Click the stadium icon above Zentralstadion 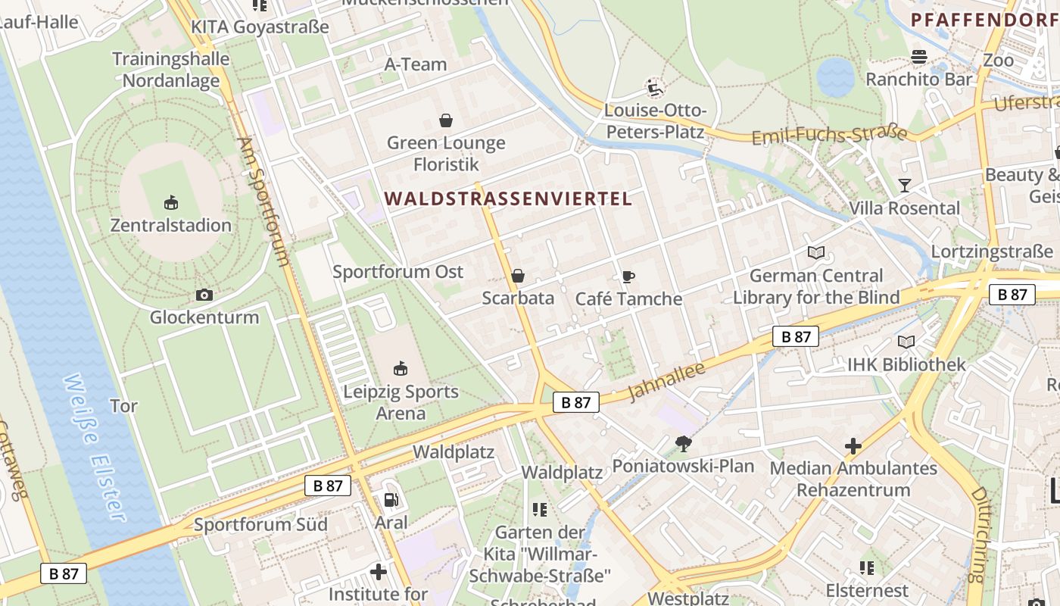pos(171,202)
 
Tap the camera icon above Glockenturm pos(204,295)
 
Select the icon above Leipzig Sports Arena pos(401,369)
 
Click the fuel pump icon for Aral pos(391,499)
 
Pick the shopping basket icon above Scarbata pos(518,275)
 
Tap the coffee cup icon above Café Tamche pos(628,276)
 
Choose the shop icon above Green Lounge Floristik pos(446,120)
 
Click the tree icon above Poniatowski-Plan pos(683,443)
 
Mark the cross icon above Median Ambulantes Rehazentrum pos(853,445)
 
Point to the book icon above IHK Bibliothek pos(906,342)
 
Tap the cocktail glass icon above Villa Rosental pos(904,185)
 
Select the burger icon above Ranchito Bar pos(919,57)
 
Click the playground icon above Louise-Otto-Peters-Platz pos(654,88)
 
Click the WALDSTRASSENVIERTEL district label pos(508,199)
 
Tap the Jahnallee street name pos(667,382)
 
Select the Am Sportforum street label pos(264,201)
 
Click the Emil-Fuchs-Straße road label pos(829,135)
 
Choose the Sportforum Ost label pos(398,271)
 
